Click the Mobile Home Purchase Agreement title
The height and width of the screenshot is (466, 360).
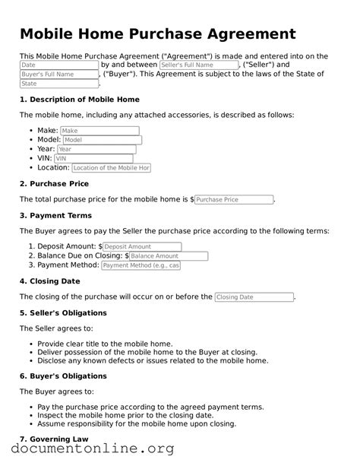157,34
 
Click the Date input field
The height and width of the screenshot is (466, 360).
58,65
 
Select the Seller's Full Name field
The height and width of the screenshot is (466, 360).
198,65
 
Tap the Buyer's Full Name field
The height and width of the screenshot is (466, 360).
58,74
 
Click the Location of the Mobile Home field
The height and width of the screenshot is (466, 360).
111,167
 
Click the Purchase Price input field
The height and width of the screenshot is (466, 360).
234,199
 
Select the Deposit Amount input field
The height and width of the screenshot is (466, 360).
142,247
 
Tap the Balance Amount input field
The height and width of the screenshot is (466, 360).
169,256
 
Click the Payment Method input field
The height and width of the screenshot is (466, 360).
141,265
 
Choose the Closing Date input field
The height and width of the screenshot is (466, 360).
254,297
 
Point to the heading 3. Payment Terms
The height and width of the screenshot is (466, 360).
55,215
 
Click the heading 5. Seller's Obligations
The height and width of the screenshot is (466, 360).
63,312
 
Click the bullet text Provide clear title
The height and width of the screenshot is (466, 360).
105,344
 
